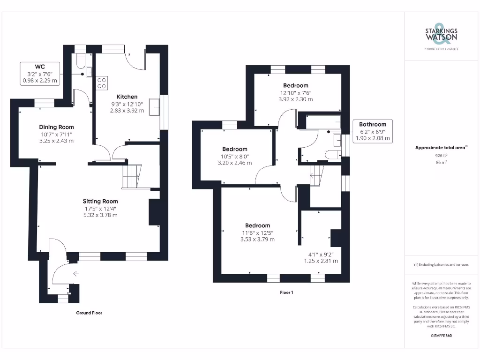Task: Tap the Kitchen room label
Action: (127, 97)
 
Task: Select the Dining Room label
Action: (56, 127)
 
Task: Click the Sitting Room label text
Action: (101, 201)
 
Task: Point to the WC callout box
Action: (40, 73)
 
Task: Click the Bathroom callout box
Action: (373, 131)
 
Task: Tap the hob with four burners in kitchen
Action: (102, 82)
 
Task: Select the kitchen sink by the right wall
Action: (154, 107)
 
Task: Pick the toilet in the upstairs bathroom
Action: (333, 155)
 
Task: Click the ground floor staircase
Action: (131, 176)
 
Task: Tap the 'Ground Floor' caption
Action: (89, 313)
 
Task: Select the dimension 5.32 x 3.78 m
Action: (101, 215)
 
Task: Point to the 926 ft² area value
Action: (441, 155)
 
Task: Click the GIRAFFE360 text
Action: (441, 336)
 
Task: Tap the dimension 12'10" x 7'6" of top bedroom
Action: (296, 93)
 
